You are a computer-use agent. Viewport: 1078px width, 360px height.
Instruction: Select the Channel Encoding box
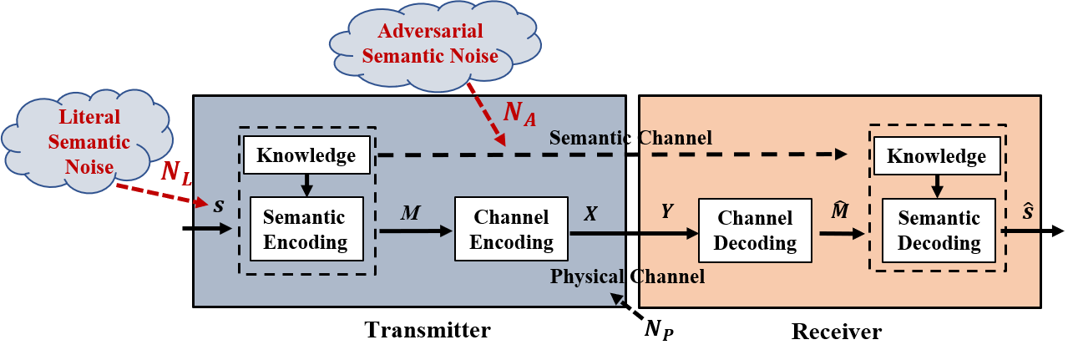(x=511, y=230)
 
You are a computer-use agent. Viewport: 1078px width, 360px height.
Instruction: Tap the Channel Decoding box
(x=754, y=231)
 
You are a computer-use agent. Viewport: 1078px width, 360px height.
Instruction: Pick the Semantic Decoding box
(x=939, y=231)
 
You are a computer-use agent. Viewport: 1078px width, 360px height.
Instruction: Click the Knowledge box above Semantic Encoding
(x=306, y=155)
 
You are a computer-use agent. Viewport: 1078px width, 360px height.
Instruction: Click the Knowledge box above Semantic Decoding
(x=936, y=156)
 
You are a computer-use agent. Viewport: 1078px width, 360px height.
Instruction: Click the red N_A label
(x=519, y=115)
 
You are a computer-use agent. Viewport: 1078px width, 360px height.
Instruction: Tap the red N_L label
(x=176, y=173)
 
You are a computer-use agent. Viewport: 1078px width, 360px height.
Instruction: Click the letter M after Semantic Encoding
(x=410, y=214)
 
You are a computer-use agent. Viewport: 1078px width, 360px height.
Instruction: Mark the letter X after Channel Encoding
(x=590, y=213)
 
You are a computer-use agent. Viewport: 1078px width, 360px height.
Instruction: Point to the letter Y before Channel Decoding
(x=666, y=212)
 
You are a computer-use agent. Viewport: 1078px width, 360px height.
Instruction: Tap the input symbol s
(x=219, y=205)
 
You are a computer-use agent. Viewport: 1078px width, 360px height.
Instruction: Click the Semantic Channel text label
(x=630, y=138)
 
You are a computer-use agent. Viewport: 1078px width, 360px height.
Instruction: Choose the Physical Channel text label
(x=627, y=276)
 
